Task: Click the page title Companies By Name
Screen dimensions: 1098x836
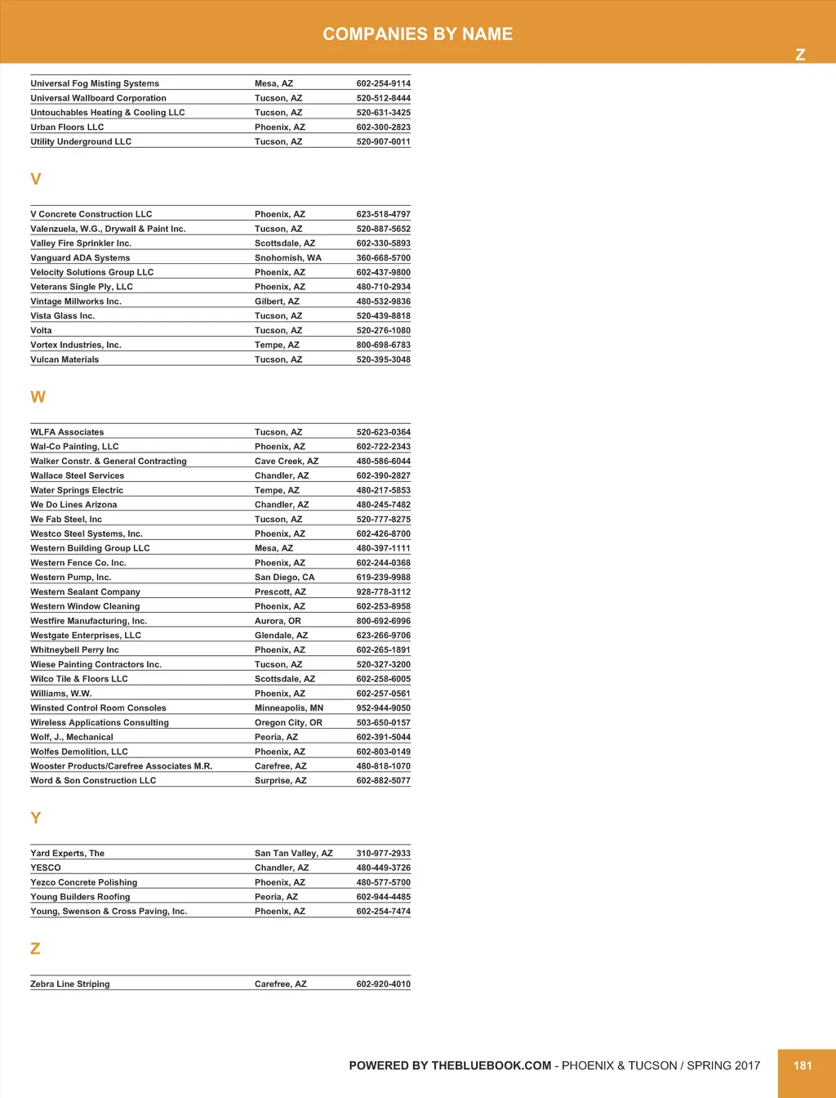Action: coord(417,34)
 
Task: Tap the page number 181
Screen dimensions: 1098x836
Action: coord(803,1065)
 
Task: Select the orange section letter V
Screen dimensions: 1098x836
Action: coord(35,179)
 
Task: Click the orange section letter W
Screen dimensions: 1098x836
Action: coord(38,397)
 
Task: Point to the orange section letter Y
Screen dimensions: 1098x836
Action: coord(35,818)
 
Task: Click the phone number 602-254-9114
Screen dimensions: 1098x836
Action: coord(383,83)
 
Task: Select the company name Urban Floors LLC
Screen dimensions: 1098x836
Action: coord(67,127)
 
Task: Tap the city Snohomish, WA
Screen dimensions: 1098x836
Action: coord(287,258)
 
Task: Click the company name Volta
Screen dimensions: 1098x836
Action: coord(41,331)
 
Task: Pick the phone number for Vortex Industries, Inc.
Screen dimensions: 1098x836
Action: coord(383,346)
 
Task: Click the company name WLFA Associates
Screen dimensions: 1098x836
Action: coord(67,432)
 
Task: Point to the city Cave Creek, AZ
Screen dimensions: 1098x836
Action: coord(286,462)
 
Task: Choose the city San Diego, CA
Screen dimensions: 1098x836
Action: coord(284,578)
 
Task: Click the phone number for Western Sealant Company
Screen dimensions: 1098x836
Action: coord(383,592)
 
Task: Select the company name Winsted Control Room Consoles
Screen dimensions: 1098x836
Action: coord(98,708)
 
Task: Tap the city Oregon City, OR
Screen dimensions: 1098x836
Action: coord(288,723)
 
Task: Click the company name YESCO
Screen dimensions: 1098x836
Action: coord(46,868)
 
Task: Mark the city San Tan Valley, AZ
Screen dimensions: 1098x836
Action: coord(293,854)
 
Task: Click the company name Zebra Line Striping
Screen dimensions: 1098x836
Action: coord(69,984)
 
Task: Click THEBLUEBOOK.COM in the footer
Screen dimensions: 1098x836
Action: coord(491,1065)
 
